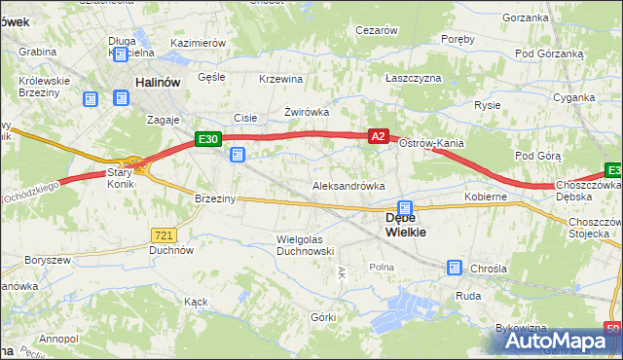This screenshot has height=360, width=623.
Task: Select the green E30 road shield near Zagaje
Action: pos(207,139)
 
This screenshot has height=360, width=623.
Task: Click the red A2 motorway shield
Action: pos(380,138)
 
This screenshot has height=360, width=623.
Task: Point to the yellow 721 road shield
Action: pos(164,234)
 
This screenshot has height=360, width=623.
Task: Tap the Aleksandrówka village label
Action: pos(348,186)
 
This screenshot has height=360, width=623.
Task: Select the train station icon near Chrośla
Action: pos(455,267)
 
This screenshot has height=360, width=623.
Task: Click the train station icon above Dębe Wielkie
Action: pos(405,207)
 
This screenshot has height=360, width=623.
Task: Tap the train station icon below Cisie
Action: pos(238,154)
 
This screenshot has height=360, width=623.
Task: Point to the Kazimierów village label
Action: pos(198,44)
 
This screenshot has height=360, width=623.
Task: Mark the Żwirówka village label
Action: pos(307,112)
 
